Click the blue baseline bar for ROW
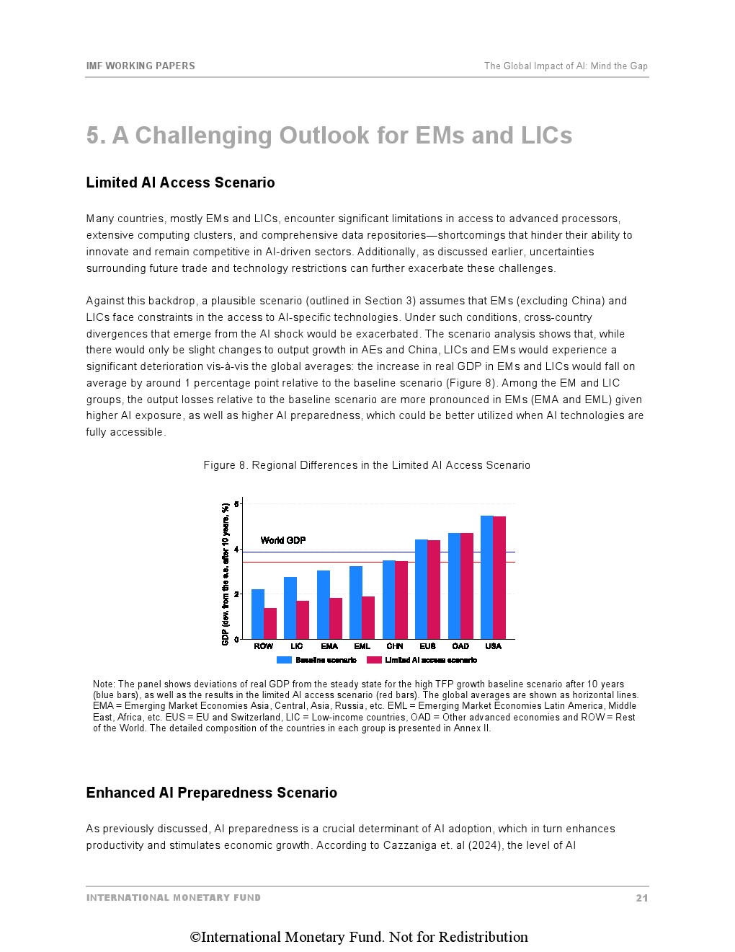click(x=257, y=614)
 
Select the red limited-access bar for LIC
click(x=303, y=620)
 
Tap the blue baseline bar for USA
click(x=486, y=577)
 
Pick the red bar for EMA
click(x=336, y=618)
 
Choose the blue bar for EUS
click(x=421, y=589)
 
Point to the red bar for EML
click(x=368, y=617)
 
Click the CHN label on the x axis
click(x=395, y=646)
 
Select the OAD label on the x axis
click(x=460, y=646)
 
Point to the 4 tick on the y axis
click(x=236, y=550)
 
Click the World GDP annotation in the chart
click(x=283, y=540)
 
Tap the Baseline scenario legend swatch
click(x=284, y=660)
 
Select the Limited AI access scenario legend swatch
click(x=374, y=660)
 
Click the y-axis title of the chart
click(x=226, y=573)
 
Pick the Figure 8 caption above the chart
click(x=367, y=465)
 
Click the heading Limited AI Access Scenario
click(x=180, y=182)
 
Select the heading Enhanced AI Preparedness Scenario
click(x=211, y=793)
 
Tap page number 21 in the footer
click(x=641, y=898)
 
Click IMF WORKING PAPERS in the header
click(x=141, y=66)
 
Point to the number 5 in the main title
click(x=94, y=136)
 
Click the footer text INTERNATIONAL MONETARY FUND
click(x=174, y=898)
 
